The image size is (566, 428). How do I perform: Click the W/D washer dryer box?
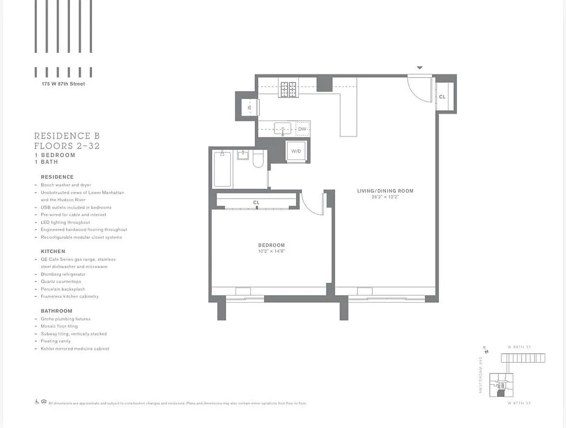(296, 151)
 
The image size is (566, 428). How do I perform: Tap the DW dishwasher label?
(303, 129)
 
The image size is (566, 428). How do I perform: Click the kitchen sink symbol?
(282, 128)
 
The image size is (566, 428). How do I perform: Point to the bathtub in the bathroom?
(222, 169)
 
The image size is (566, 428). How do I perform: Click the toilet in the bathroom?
(258, 159)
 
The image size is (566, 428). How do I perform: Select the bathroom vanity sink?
(243, 155)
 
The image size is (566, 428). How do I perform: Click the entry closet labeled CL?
(443, 97)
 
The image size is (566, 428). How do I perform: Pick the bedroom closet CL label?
(257, 203)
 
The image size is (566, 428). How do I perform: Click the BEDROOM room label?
(272, 246)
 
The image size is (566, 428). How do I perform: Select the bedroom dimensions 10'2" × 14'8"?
(272, 251)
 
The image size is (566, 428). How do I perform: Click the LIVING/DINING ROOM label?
(385, 191)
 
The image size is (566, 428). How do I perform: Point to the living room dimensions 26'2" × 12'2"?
(385, 197)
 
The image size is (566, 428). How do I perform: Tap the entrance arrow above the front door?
(420, 68)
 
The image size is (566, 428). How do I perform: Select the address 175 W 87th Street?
(63, 84)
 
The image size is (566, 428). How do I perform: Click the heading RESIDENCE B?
(67, 136)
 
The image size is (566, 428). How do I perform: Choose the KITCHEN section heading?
(53, 251)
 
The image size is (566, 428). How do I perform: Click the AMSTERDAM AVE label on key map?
(480, 376)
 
